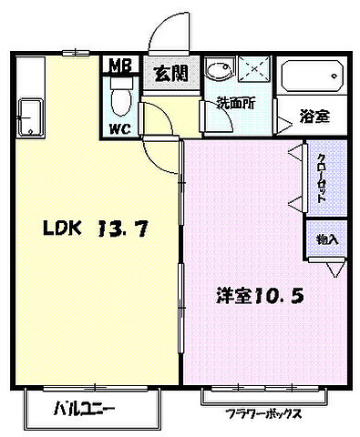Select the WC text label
(x=120, y=128)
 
